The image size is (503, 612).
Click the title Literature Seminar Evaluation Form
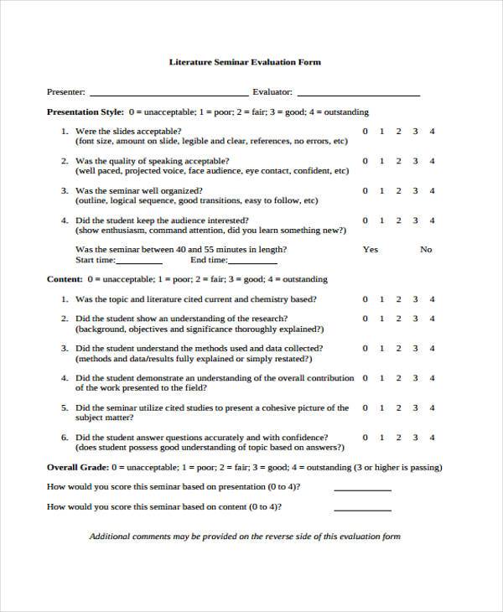point(245,62)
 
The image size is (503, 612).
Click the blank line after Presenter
point(169,94)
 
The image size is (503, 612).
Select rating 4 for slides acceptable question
point(432,132)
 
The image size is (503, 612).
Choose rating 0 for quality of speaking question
point(365,161)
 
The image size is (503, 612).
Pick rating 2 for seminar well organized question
point(399,191)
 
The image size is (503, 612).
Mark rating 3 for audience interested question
point(416,220)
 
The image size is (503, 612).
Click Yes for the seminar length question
point(370,250)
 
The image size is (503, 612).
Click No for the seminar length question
point(426,250)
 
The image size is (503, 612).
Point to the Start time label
point(95,260)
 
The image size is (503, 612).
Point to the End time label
point(209,260)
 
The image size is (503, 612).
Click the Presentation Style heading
point(85,112)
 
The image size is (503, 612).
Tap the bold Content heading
point(64,279)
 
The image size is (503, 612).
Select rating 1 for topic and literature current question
point(382,299)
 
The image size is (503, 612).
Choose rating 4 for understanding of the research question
point(432,319)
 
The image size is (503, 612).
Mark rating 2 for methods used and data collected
point(399,348)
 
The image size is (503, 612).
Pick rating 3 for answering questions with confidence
point(416,438)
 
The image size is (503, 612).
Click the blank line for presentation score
point(362,489)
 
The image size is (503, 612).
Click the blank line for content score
point(362,509)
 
